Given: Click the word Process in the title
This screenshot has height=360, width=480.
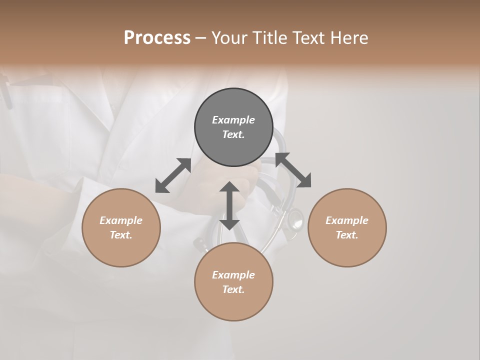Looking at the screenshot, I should pyautogui.click(x=157, y=38).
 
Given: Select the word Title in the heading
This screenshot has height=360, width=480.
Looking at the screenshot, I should pyautogui.click(x=270, y=38).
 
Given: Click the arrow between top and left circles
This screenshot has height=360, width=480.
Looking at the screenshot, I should pyautogui.click(x=173, y=175).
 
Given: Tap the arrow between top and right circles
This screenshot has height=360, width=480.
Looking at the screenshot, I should pyautogui.click(x=293, y=170).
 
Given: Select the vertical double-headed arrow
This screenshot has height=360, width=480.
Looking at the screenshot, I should pyautogui.click(x=229, y=205).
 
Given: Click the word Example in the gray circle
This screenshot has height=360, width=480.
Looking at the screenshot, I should pyautogui.click(x=233, y=120).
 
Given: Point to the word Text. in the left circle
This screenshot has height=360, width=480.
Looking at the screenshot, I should pyautogui.click(x=121, y=235).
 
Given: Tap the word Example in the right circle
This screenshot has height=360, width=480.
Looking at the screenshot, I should pyautogui.click(x=347, y=220).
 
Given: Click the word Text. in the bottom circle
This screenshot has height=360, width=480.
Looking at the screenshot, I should pyautogui.click(x=233, y=289).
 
